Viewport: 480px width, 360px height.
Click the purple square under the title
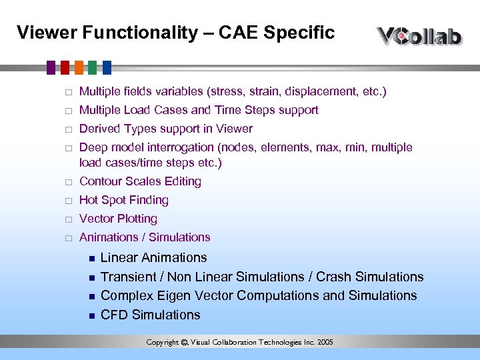click(51, 67)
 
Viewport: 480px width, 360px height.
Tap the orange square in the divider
click(79, 67)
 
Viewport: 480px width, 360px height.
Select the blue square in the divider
click(106, 67)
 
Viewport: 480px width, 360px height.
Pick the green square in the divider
click(93, 67)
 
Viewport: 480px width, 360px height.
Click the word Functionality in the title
click(136, 33)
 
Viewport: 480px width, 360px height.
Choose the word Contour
click(100, 181)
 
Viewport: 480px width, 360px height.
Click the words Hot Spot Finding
click(123, 200)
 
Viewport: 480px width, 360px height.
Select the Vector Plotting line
click(118, 219)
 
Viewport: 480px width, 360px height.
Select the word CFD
click(114, 315)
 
